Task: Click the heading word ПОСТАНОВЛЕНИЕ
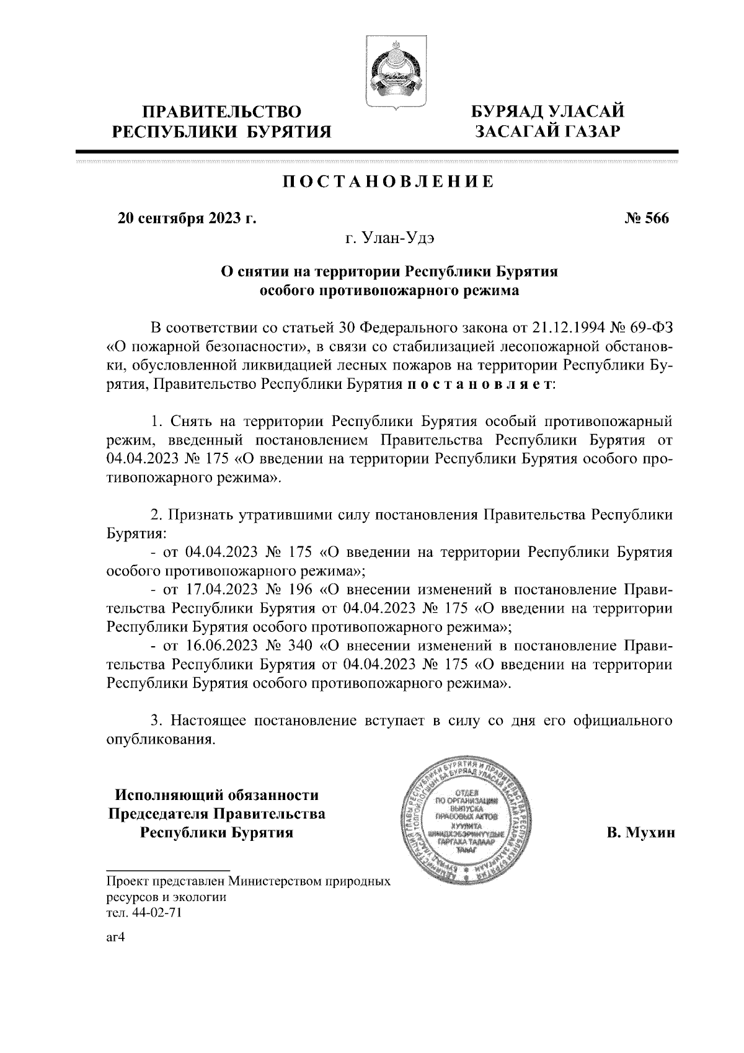[x=389, y=182]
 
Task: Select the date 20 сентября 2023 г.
[x=187, y=219]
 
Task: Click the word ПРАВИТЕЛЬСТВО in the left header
[x=223, y=112]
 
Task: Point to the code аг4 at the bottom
[x=117, y=938]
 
